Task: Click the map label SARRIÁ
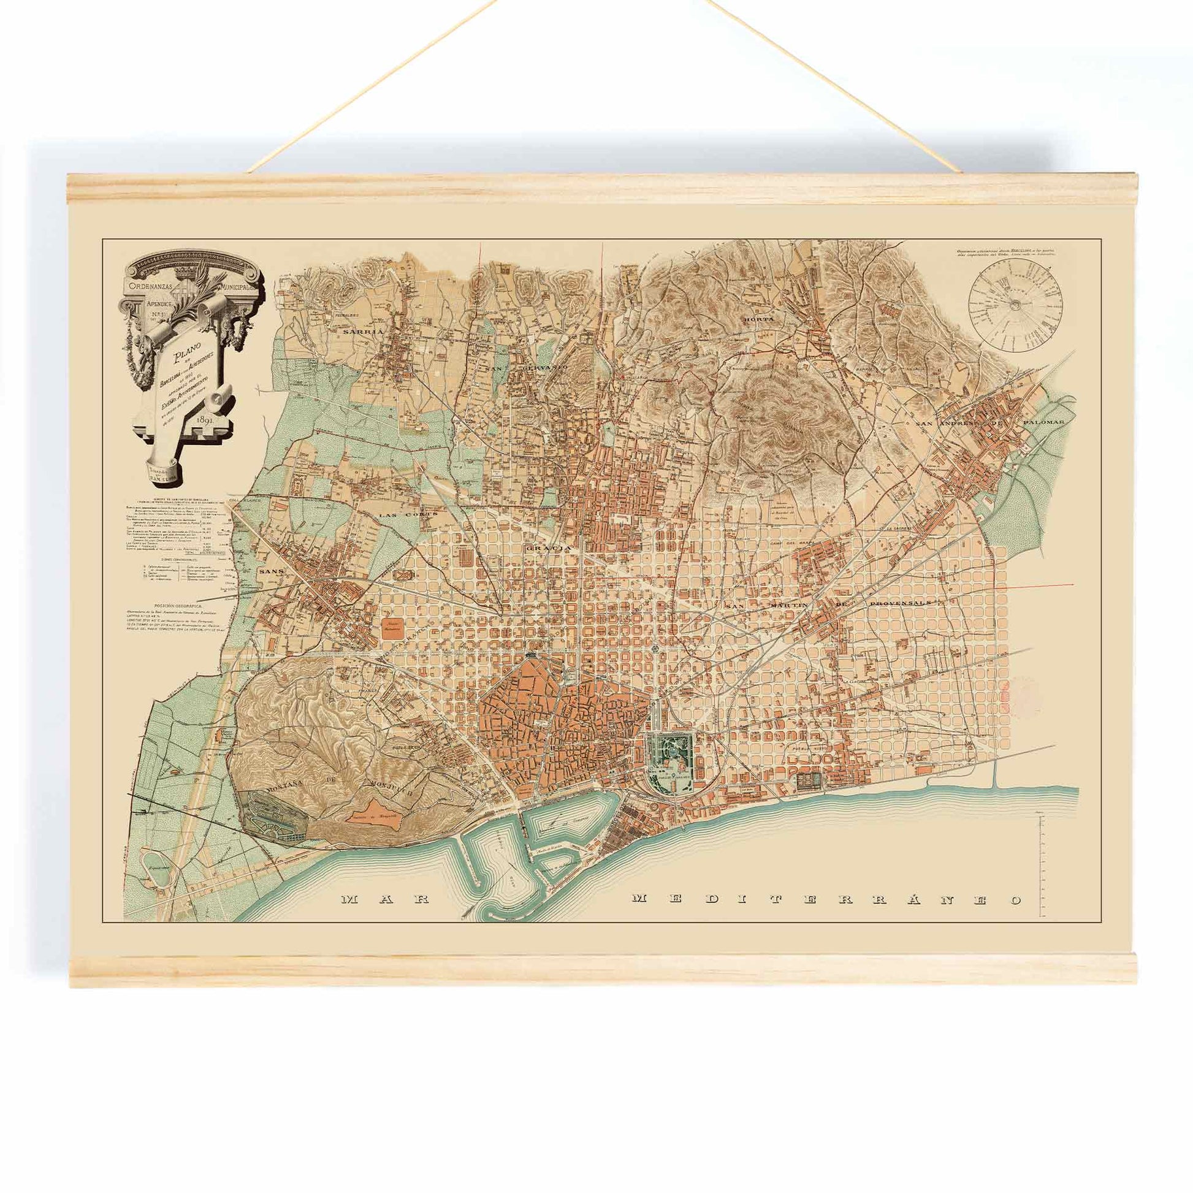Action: [364, 331]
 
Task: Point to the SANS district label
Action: [270, 571]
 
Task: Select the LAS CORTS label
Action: [402, 514]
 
